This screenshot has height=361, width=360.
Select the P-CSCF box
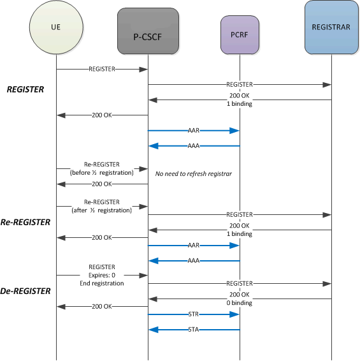tap(148, 30)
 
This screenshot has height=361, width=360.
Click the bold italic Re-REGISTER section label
tap(25, 223)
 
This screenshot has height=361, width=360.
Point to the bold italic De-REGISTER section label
tap(25, 290)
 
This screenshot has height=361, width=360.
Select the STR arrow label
tap(194, 314)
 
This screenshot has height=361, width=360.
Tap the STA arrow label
tap(194, 330)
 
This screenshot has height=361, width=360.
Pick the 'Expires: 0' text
tap(102, 275)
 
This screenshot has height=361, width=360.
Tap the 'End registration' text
tap(102, 283)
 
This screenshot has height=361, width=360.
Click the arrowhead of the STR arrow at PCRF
tap(236, 314)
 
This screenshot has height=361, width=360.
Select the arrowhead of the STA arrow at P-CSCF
tap(152, 330)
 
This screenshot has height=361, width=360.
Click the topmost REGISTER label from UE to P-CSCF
tap(102, 69)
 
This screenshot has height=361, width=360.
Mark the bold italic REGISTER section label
tap(25, 89)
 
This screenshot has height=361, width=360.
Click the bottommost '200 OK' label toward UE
tap(102, 307)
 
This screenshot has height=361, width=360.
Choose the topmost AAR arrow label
tap(194, 130)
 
